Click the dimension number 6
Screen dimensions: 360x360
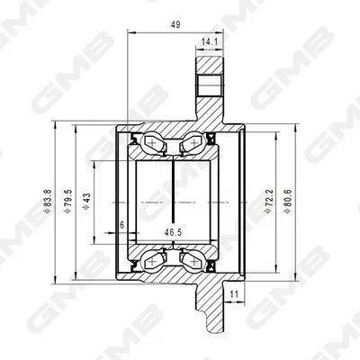[x=121, y=226]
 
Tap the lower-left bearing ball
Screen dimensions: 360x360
[x=150, y=258]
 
